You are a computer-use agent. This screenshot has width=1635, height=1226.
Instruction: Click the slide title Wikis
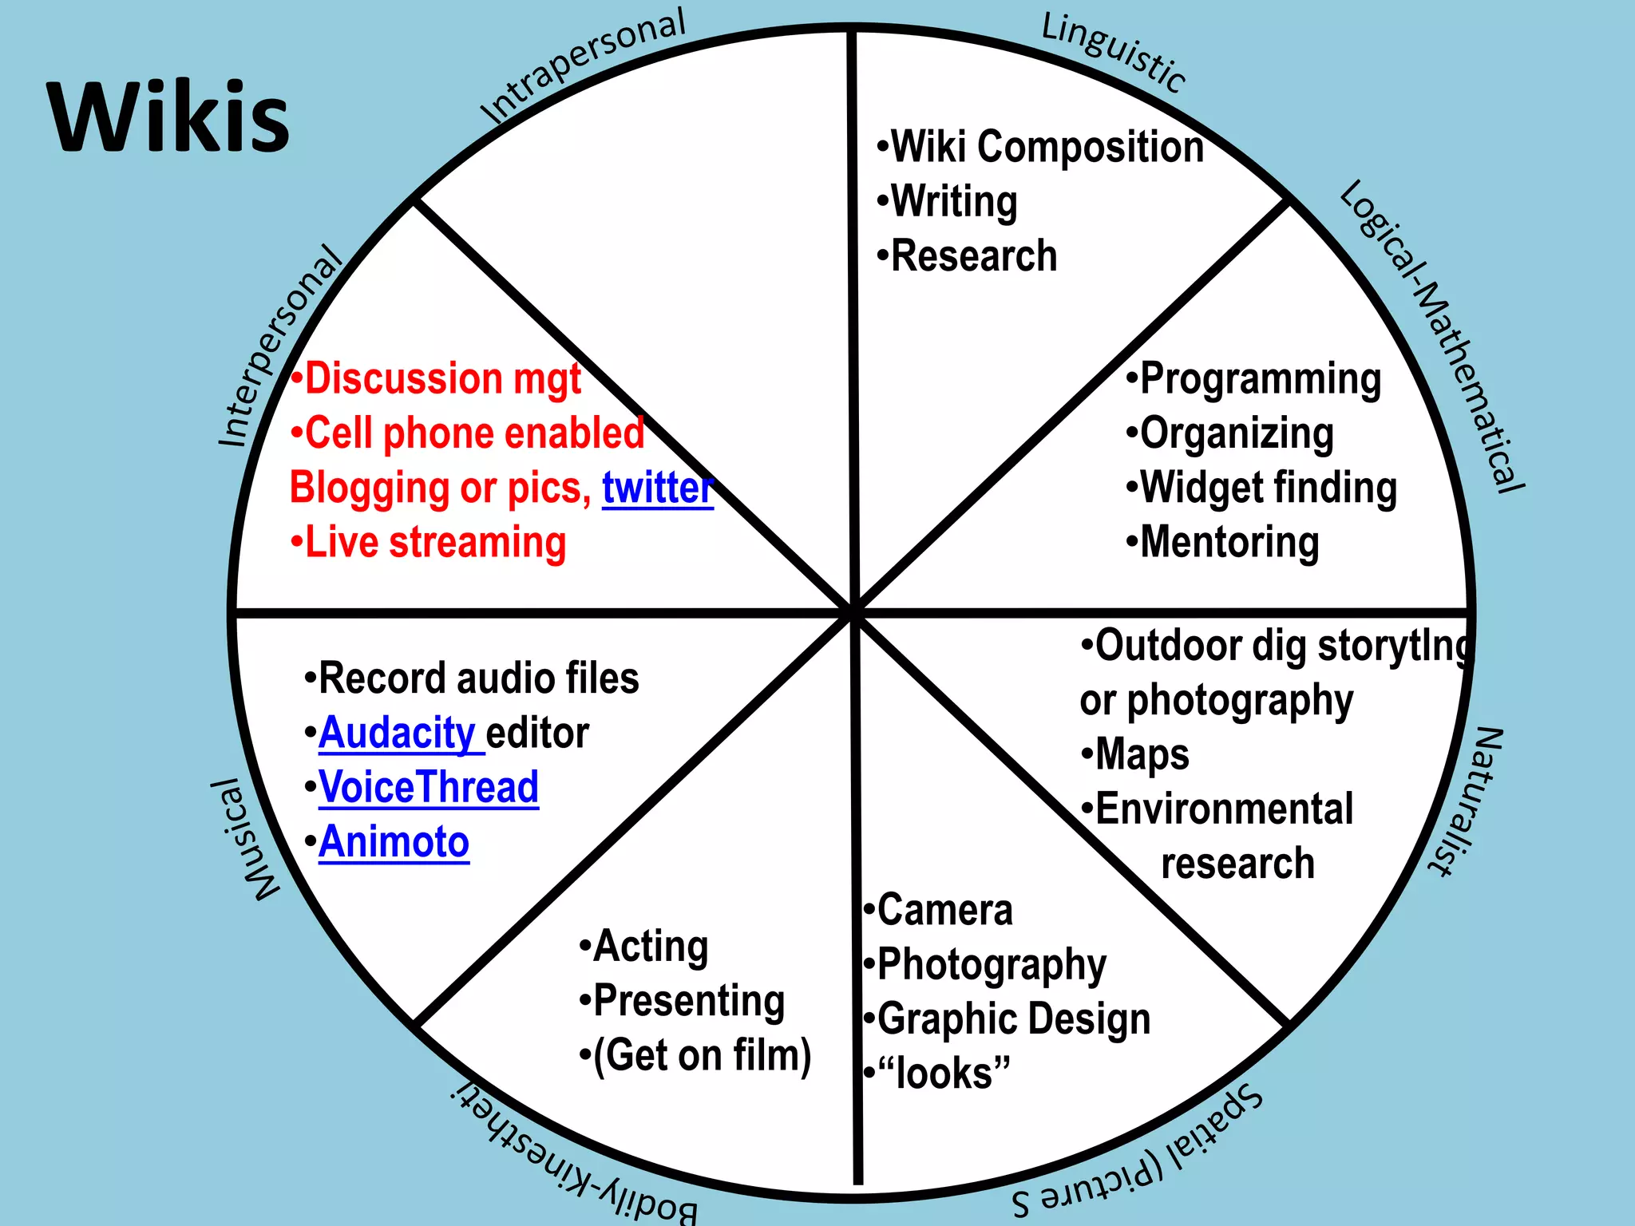(168, 117)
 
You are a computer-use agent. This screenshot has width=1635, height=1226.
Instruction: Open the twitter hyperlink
(657, 488)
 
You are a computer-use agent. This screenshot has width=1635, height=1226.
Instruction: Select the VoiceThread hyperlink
(429, 787)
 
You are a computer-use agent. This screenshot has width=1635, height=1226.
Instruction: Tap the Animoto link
(394, 842)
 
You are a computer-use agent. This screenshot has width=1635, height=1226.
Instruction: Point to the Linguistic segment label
(1114, 53)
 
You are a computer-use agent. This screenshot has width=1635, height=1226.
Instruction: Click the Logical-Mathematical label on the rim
(1433, 335)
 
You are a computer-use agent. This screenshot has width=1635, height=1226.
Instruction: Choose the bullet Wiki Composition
(1046, 147)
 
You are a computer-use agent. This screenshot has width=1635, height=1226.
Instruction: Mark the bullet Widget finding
(1268, 488)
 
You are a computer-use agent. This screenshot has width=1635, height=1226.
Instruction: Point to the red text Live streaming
(435, 543)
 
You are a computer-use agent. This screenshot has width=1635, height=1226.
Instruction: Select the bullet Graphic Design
(1013, 1019)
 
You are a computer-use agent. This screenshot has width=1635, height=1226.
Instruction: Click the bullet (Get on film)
(702, 1055)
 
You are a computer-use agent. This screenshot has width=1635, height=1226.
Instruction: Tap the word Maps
(1142, 755)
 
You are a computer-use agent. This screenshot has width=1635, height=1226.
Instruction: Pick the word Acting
(651, 947)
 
